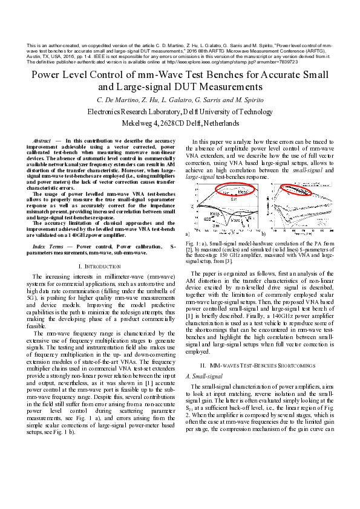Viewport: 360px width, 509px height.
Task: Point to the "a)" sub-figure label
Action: [188, 233]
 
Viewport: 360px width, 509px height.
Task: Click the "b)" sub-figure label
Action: [263, 233]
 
